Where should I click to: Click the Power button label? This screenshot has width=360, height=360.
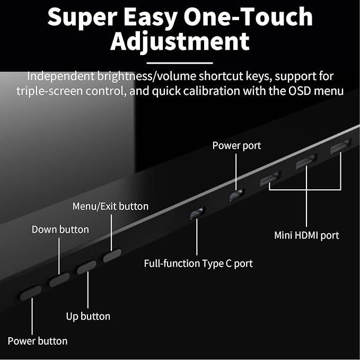coord(38,341)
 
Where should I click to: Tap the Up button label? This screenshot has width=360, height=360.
coord(88,317)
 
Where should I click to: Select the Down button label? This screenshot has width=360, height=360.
coord(60,230)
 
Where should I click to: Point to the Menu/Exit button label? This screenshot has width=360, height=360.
coord(110,206)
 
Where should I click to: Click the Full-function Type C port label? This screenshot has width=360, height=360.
coord(198,264)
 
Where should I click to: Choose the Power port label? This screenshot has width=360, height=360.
coord(236,146)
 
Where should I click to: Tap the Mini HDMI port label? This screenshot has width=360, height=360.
coord(306,235)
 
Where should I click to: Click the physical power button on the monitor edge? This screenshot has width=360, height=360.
coord(31,293)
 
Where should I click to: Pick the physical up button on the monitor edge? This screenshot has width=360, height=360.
coord(86,267)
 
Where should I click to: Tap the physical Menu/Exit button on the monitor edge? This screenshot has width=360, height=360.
coord(112,256)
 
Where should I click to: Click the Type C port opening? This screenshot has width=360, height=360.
coord(197,213)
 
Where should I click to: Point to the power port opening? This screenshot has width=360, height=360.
coord(237,195)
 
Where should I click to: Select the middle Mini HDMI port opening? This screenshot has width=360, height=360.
coord(306,162)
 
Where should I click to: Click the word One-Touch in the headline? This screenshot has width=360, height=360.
coord(248,17)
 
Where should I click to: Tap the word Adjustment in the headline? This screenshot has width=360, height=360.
coord(180,41)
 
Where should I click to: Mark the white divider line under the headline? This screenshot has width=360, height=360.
coord(180,63)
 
